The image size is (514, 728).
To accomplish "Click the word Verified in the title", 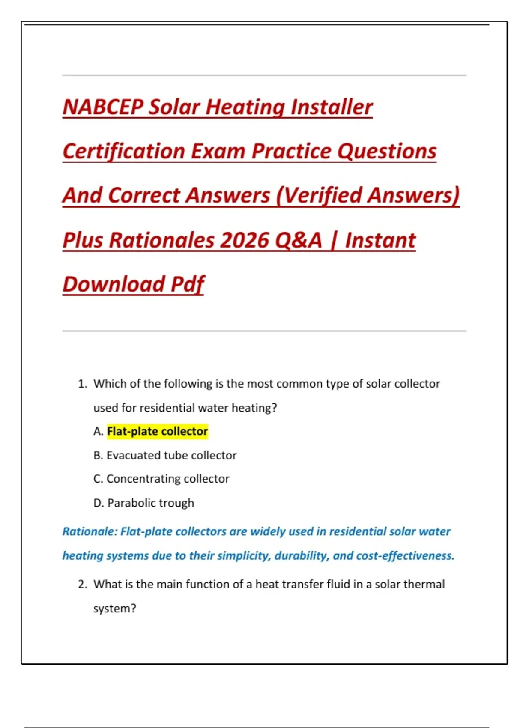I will tap(320, 196).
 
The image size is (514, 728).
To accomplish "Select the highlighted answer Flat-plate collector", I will tap(157, 431).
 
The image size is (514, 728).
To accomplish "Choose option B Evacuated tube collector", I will tap(165, 455).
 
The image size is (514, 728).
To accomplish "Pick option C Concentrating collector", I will tap(161, 479).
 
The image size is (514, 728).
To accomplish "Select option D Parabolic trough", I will tap(143, 503).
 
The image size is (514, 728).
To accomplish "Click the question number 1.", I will tap(82, 384).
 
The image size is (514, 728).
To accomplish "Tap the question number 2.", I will tap(82, 585).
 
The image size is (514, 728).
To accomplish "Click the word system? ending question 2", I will tap(115, 609).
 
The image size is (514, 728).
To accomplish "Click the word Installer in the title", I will tap(332, 107).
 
